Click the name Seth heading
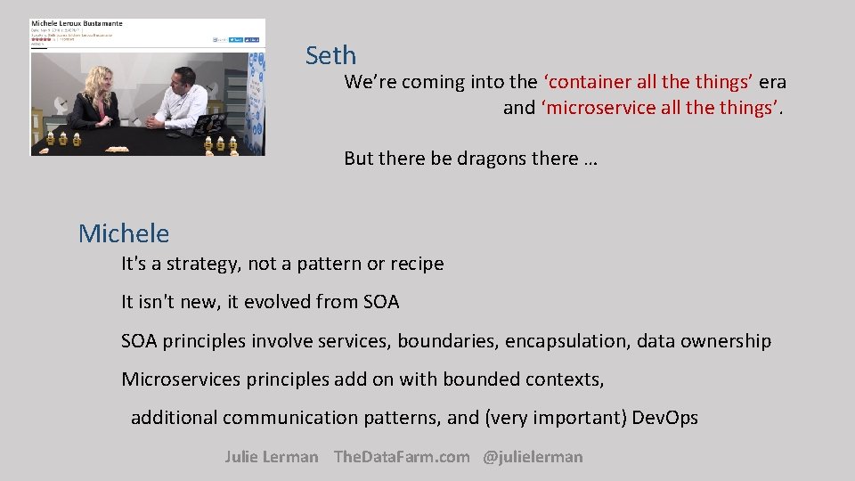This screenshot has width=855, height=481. pyautogui.click(x=330, y=56)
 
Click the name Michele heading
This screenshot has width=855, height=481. pyautogui.click(x=123, y=233)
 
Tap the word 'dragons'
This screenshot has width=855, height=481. pyautogui.click(x=492, y=159)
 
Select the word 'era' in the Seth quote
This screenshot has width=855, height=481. pyautogui.click(x=772, y=82)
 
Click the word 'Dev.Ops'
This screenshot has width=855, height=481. pyautogui.click(x=664, y=418)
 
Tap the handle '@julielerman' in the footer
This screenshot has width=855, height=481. pyautogui.click(x=533, y=457)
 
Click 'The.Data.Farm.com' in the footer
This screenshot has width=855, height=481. pyautogui.click(x=401, y=457)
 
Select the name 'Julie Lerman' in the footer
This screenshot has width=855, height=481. pyautogui.click(x=271, y=457)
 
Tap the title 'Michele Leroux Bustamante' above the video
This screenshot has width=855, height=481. pyautogui.click(x=76, y=22)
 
